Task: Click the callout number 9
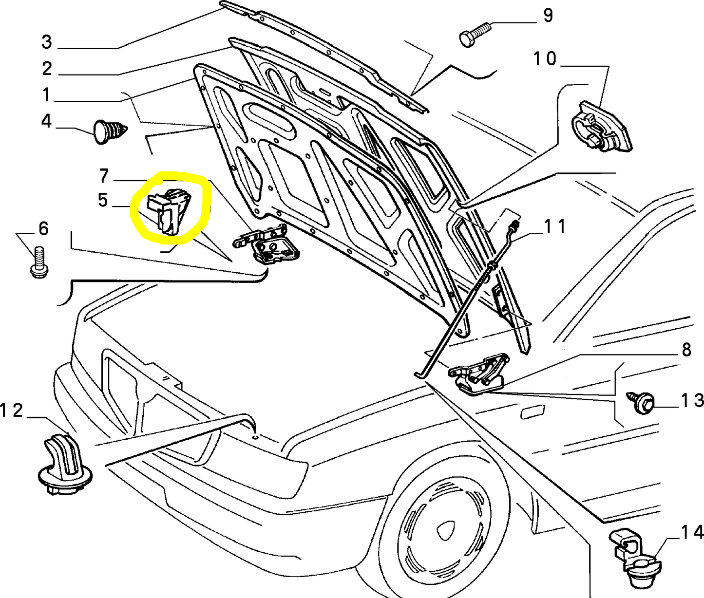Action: (548, 16)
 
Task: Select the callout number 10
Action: (545, 59)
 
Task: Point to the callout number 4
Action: (46, 120)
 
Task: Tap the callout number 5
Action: (102, 200)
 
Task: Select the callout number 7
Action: (104, 175)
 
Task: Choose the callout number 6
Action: (43, 228)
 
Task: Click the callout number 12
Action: (11, 411)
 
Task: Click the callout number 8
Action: (686, 350)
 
